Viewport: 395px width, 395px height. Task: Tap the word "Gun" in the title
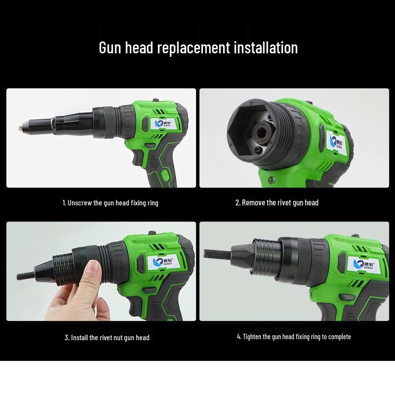tap(110, 48)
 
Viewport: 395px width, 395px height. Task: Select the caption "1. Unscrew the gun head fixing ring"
tap(110, 202)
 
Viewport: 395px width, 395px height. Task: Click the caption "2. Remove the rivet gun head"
tap(277, 202)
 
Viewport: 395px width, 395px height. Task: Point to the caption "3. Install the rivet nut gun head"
tap(107, 338)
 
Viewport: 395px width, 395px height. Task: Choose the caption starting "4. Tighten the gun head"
tap(294, 337)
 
